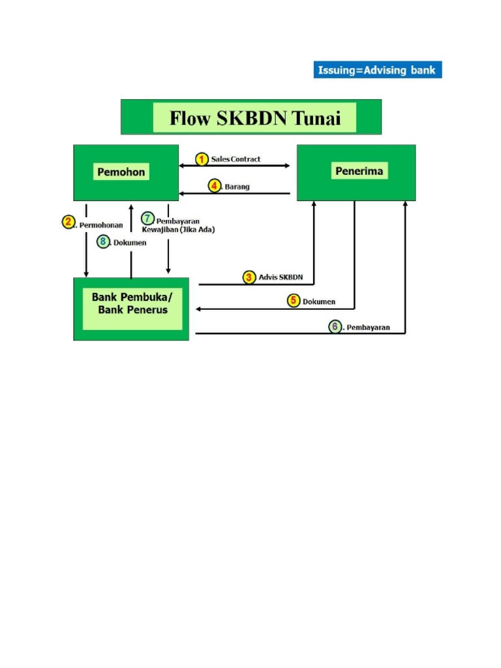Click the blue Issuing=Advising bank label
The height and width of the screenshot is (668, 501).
(x=378, y=70)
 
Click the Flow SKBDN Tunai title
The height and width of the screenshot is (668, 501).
(x=255, y=118)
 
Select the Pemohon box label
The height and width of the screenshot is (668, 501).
(x=121, y=172)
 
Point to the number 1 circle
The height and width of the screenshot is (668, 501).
(x=202, y=159)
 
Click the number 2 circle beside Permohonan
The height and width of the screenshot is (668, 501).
(x=68, y=222)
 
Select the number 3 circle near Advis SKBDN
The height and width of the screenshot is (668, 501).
(x=249, y=277)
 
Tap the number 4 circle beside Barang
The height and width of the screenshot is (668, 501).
(x=215, y=186)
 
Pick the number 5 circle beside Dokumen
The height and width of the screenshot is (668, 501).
(x=294, y=301)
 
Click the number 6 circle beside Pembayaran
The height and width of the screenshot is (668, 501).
(x=335, y=326)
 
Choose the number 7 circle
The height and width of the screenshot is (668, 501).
(x=147, y=219)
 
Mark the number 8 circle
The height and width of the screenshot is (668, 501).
(x=103, y=241)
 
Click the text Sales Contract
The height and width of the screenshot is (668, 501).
(x=235, y=159)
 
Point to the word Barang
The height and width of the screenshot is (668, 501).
(x=237, y=187)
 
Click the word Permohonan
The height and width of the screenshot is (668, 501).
(x=101, y=225)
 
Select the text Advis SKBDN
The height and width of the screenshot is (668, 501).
(x=281, y=277)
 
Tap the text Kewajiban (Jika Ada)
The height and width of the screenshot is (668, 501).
(x=178, y=230)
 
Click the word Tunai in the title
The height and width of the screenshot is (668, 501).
(x=324, y=118)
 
